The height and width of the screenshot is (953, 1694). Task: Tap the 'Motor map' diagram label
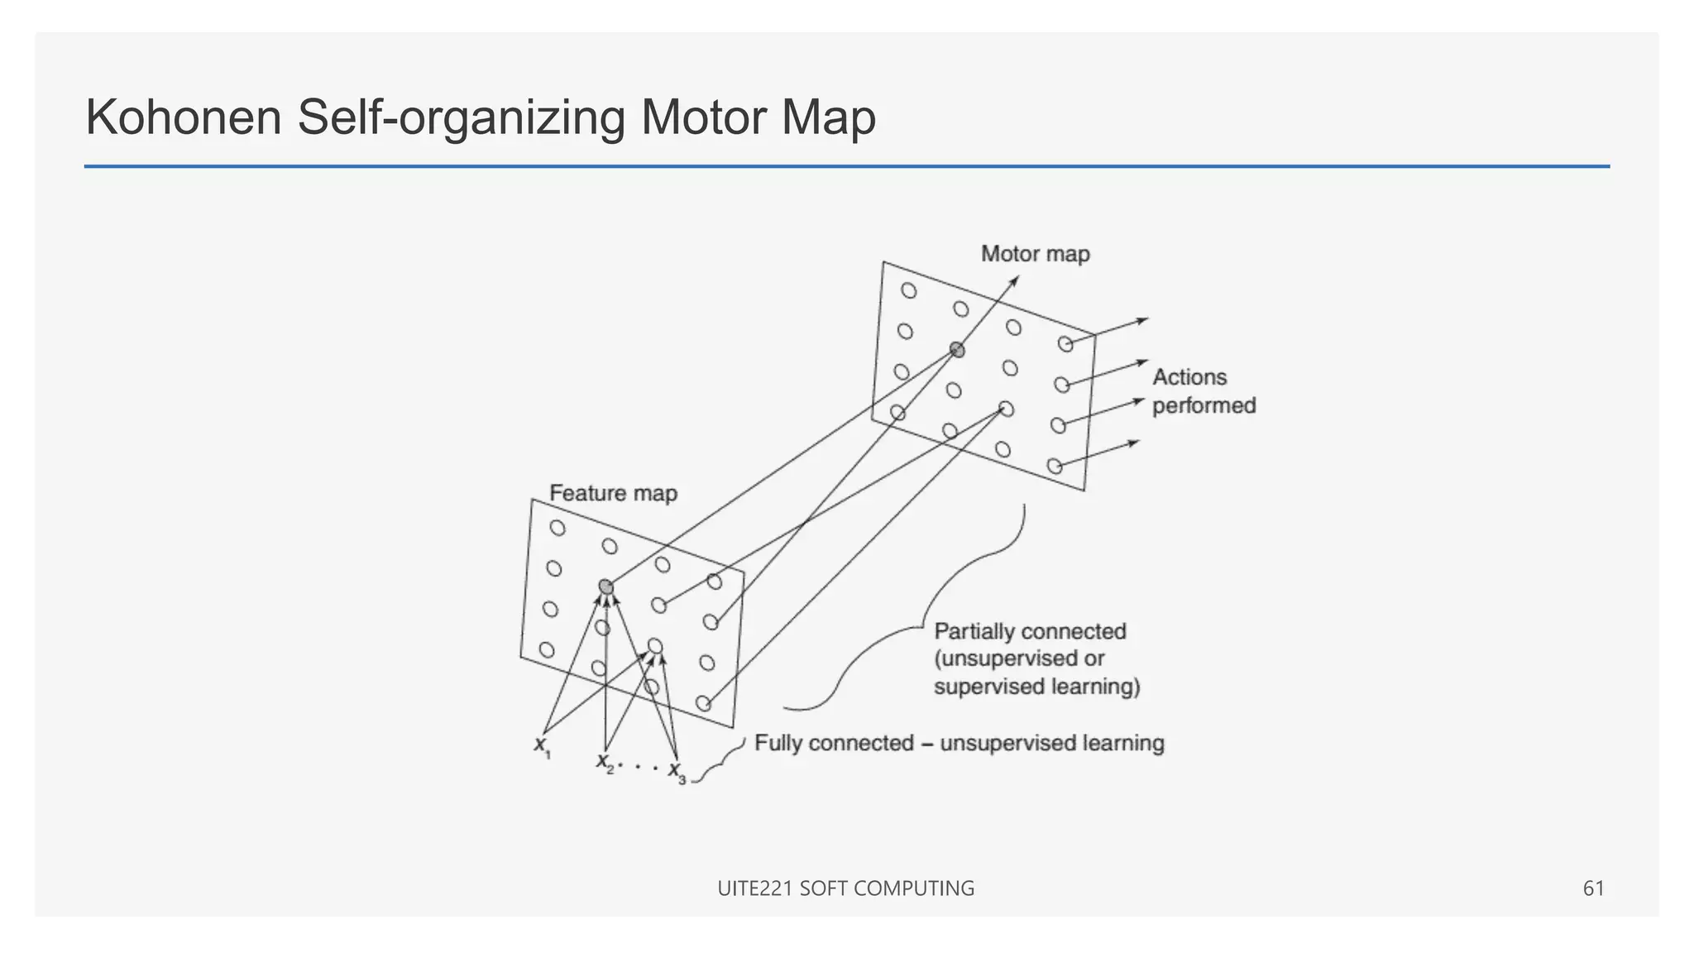coord(1035,254)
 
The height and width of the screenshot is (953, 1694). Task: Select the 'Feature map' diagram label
coord(613,493)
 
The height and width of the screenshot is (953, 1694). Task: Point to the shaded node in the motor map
coord(957,350)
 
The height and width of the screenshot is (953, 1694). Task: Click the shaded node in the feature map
coord(606,587)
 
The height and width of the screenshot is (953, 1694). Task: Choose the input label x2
coord(605,762)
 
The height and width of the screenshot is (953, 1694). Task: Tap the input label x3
coord(677,773)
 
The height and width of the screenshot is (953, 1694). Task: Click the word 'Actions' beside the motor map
coord(1189,377)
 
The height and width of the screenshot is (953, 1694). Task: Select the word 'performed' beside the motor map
coord(1204,405)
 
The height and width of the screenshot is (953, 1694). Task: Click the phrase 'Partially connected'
coord(1030,631)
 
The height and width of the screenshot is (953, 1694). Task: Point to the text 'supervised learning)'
coord(1036,687)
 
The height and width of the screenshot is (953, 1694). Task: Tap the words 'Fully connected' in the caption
coord(834,743)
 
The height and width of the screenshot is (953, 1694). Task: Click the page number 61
coord(1593,888)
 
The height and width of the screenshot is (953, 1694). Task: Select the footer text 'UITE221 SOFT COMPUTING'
coord(845,888)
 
